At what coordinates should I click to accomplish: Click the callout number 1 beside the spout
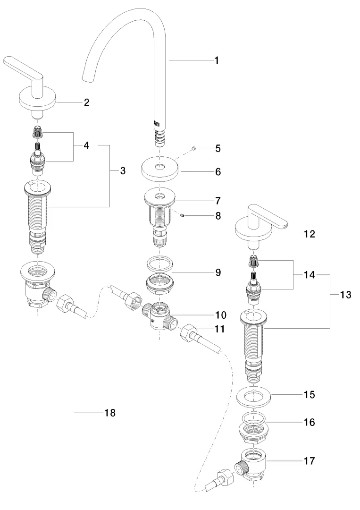(x=216, y=60)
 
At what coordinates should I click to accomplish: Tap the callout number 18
(x=109, y=413)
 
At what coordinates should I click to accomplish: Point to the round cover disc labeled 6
(x=159, y=170)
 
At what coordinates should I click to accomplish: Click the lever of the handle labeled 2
(x=21, y=65)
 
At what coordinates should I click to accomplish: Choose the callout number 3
(x=123, y=170)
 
